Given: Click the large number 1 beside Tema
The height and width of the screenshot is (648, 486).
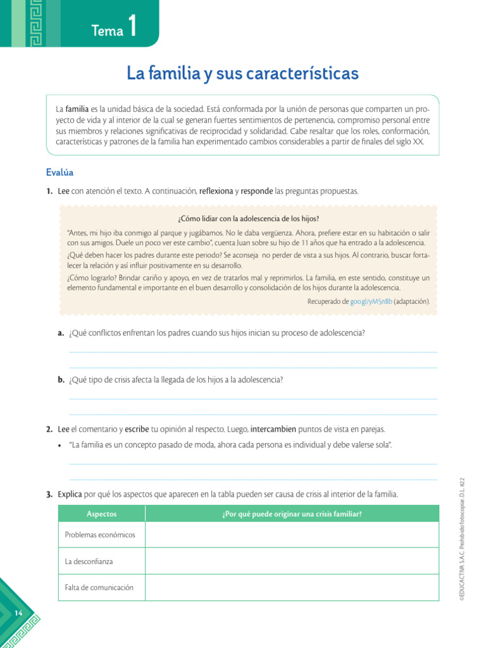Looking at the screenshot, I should pos(132,27).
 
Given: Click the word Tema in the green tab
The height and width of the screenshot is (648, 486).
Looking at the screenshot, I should pos(107,31).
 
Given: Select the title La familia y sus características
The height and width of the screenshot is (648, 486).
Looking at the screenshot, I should pos(242,73).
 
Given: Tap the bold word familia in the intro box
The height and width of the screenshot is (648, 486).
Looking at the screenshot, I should pos(77,109).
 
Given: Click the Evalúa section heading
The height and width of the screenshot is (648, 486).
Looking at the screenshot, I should pos(59,172).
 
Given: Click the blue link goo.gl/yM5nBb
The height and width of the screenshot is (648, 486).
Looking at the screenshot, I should pos(370,302).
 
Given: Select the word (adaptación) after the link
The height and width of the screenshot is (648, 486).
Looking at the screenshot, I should pos(411,302).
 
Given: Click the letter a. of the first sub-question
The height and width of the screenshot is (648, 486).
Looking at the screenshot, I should pos(61,333).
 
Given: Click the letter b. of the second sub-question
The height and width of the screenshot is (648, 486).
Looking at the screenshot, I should pos(61,380).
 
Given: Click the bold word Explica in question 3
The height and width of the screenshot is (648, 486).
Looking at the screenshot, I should pos(70,494).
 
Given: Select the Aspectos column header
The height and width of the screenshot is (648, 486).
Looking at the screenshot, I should pos(101,514).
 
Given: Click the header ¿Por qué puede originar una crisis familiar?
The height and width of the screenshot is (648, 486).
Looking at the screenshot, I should pos(292,514).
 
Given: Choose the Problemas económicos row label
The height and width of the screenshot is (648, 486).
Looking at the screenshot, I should pos(100,535).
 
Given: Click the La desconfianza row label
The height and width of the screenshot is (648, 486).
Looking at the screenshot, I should pos(89,561).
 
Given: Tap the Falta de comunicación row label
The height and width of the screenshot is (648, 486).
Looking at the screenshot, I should pos(99,587).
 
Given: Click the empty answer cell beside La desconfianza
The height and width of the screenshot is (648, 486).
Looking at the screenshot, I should pos(292,561).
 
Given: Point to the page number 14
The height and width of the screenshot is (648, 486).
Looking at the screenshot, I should pos(17,613).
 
